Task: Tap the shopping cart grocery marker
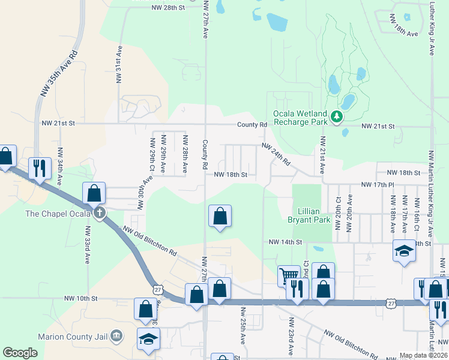(x=289, y=275)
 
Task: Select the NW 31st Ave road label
(x=119, y=64)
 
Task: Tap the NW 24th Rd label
(x=276, y=154)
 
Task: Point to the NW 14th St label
(x=284, y=242)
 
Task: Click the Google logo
(x=20, y=353)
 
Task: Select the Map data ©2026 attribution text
(x=423, y=355)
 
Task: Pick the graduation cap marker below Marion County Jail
(x=148, y=338)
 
